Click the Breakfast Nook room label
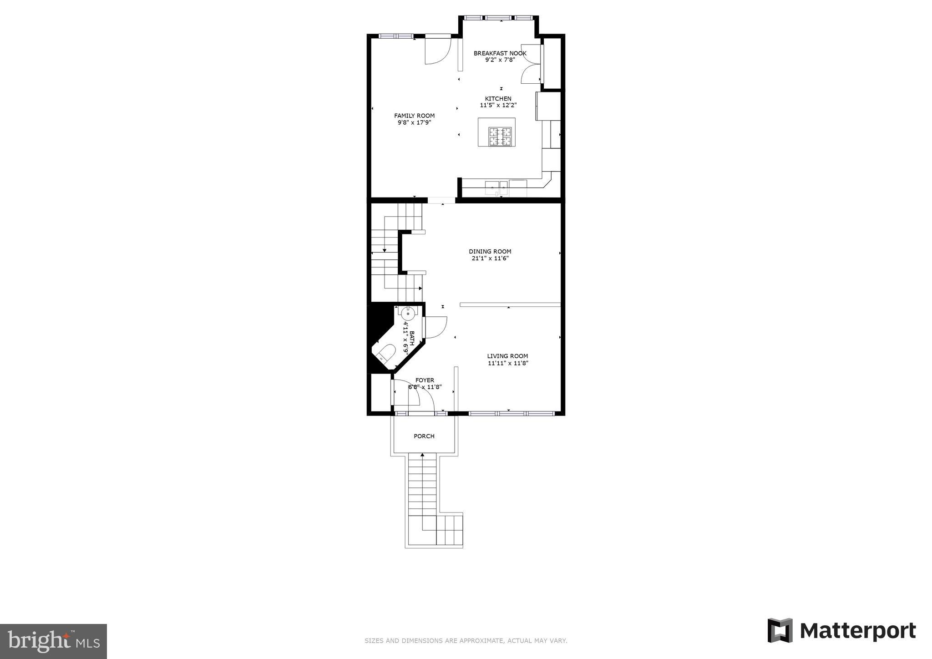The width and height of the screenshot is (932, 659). click(500, 53)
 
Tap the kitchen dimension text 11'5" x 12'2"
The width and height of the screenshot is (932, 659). click(498, 105)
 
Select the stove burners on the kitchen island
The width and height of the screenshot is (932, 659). click(500, 137)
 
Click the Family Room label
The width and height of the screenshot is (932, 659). click(414, 116)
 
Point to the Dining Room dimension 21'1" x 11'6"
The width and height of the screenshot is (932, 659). click(490, 258)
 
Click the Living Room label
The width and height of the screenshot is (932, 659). click(507, 356)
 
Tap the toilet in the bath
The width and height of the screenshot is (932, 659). click(387, 354)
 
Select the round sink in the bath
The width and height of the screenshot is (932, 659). click(408, 313)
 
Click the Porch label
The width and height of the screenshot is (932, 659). click(424, 436)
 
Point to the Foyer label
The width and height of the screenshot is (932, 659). click(425, 380)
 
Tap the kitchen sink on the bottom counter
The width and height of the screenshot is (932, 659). click(496, 187)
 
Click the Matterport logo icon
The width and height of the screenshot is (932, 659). click(780, 630)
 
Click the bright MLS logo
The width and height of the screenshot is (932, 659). click(53, 641)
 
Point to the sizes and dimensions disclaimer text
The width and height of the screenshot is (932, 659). click(466, 641)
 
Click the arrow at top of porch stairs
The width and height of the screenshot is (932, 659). click(422, 454)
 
